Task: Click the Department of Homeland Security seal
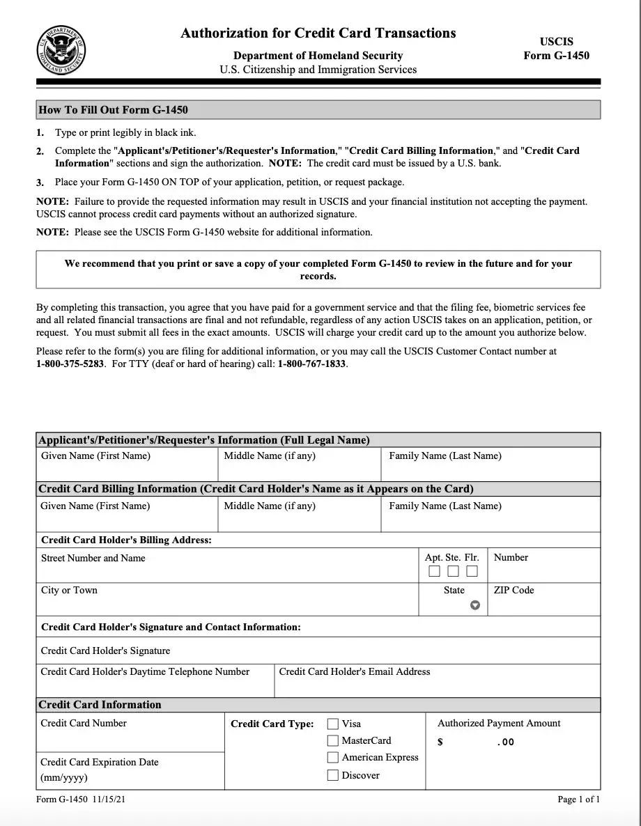[x=61, y=49]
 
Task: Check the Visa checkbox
[x=333, y=724]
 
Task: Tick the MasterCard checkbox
[x=333, y=741]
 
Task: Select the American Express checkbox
[x=333, y=758]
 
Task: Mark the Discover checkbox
[x=333, y=775]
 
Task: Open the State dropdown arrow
[x=475, y=605]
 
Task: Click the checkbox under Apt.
[x=434, y=572]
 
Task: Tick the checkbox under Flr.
[x=472, y=572]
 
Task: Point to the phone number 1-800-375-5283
[x=69, y=364]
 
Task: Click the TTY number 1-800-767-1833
[x=311, y=364]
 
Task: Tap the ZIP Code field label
[x=513, y=590]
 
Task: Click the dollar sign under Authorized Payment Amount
[x=440, y=742]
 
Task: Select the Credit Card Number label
[x=84, y=723]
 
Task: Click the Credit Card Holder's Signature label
[x=105, y=650]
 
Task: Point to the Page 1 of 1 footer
[x=578, y=800]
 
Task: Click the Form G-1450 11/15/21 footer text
[x=81, y=800]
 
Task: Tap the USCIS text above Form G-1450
[x=556, y=42]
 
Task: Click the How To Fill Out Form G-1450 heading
[x=113, y=110]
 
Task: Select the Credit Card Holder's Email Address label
[x=354, y=671]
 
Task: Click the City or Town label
[x=69, y=590]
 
